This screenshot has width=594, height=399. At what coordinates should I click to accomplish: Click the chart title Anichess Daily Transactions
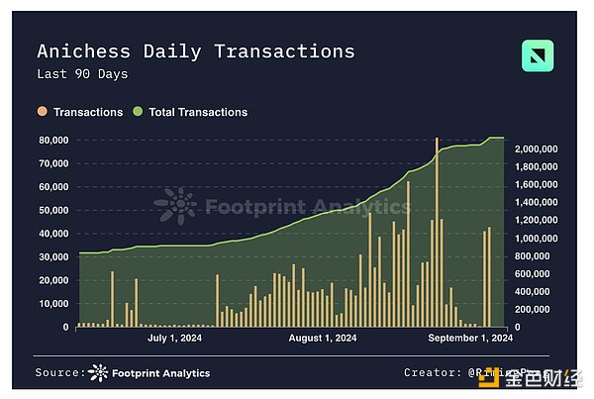coord(195,51)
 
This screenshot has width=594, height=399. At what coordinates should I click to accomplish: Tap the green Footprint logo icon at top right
coord(538,56)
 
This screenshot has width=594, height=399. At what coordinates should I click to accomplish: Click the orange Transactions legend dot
coord(42,112)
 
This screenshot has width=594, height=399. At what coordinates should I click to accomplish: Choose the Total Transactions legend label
coord(198,112)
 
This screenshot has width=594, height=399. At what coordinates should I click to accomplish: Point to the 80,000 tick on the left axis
coord(52,140)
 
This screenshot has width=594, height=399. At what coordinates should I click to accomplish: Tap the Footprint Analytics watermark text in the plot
coord(307,207)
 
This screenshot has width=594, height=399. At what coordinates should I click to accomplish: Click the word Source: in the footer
coord(59,372)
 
